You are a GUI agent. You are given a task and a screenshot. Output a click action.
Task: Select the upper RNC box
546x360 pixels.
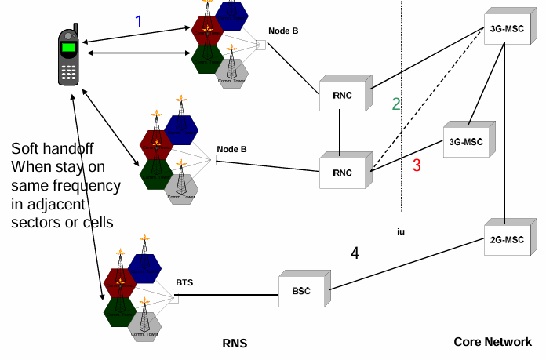pyautogui.click(x=341, y=94)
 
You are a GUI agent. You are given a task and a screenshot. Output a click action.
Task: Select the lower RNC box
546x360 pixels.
pyautogui.click(x=342, y=171)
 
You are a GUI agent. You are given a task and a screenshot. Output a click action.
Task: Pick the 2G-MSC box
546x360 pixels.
pyautogui.click(x=505, y=238)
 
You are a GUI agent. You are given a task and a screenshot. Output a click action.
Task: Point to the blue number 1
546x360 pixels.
pyautogui.click(x=139, y=22)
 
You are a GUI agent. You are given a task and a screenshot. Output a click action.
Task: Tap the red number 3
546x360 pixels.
pyautogui.click(x=417, y=165)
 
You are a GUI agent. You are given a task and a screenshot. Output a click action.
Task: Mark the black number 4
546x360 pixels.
pyautogui.click(x=355, y=253)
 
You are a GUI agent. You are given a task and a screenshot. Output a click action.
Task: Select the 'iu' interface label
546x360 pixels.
pyautogui.click(x=401, y=231)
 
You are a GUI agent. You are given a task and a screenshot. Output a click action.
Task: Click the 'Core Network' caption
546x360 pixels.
pyautogui.click(x=492, y=342)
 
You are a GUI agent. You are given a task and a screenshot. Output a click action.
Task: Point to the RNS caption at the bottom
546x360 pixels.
pyautogui.click(x=236, y=344)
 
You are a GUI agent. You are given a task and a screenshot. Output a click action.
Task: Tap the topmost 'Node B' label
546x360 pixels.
pyautogui.click(x=283, y=31)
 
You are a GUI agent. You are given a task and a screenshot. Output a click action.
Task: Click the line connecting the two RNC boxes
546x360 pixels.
pyautogui.click(x=340, y=133)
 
